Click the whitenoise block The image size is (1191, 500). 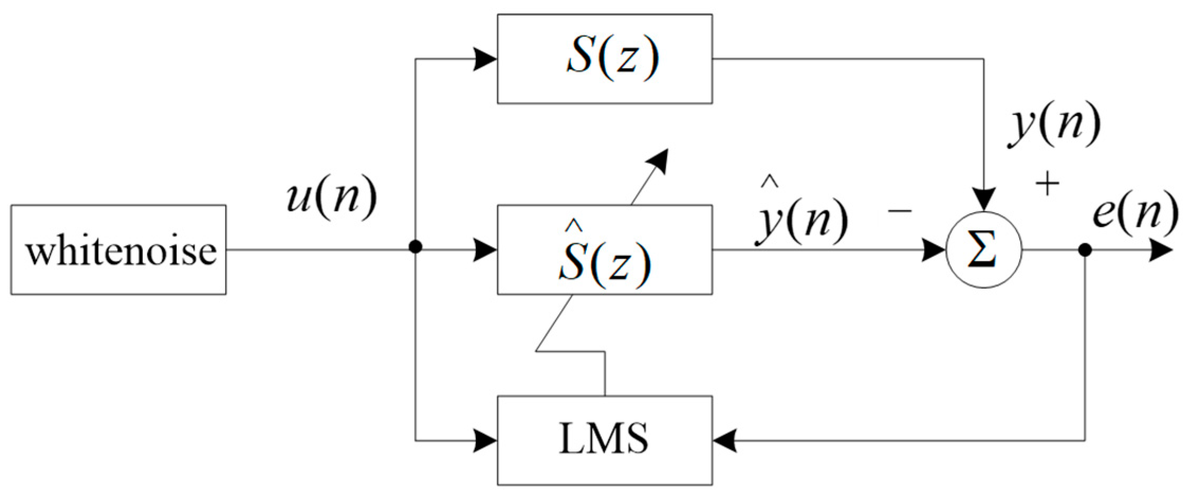[x=118, y=250]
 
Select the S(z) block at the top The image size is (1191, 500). [x=604, y=59]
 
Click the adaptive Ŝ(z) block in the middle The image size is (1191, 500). [x=604, y=250]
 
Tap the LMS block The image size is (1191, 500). [x=604, y=440]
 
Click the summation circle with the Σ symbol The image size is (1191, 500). [x=983, y=250]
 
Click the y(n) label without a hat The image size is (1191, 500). [x=1055, y=127]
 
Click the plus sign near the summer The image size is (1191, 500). [x=1047, y=185]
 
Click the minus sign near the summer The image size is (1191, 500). [x=900, y=211]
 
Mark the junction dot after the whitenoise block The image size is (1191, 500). [x=416, y=247]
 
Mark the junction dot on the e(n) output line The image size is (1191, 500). [x=1085, y=250]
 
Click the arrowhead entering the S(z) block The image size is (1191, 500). [x=485, y=59]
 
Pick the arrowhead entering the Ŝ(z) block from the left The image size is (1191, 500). [x=485, y=250]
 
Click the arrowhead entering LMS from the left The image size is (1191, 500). [x=485, y=440]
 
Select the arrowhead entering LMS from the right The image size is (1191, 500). [x=725, y=440]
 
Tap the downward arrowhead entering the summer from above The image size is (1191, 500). [x=983, y=200]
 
